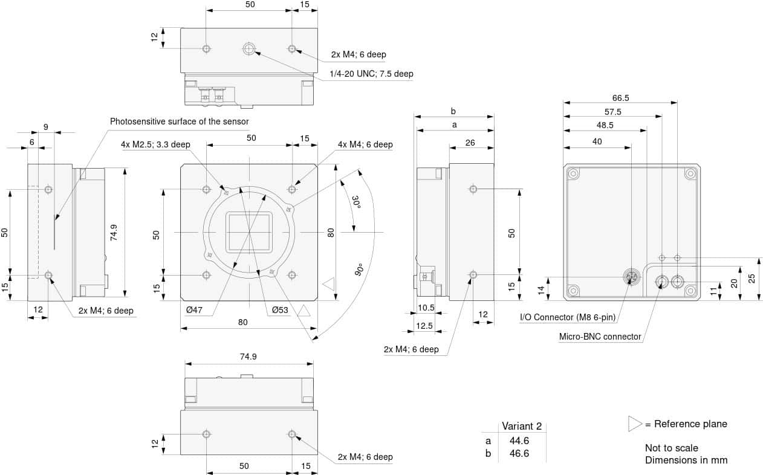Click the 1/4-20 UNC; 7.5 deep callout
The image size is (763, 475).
click(x=371, y=74)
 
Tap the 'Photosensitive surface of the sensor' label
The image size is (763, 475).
click(x=179, y=121)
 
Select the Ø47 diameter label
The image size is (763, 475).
click(x=194, y=310)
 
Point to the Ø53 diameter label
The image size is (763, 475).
click(x=280, y=310)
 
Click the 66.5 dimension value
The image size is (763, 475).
click(x=620, y=97)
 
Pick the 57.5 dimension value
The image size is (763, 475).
click(x=612, y=112)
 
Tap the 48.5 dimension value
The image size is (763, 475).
click(x=605, y=126)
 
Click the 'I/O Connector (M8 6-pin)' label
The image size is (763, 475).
click(x=572, y=317)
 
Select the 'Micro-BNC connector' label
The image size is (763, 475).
click(x=600, y=337)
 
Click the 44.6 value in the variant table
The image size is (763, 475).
click(x=519, y=441)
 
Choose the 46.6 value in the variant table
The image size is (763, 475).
click(x=519, y=453)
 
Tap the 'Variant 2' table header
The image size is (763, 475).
click(x=522, y=426)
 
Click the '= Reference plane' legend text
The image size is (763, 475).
click(x=686, y=424)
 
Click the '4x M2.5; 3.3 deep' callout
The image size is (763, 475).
click(x=155, y=144)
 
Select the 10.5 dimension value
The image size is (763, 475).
click(x=426, y=308)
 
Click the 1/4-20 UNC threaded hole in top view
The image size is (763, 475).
click(x=248, y=48)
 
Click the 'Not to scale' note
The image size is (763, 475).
click(x=671, y=448)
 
